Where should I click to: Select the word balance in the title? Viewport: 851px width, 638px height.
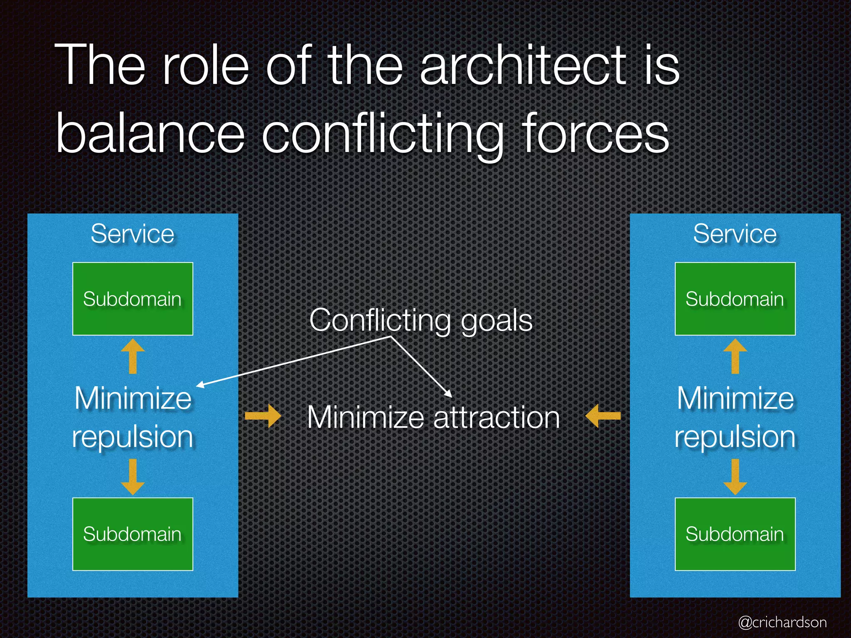point(150,134)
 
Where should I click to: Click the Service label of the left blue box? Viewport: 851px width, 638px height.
point(133,234)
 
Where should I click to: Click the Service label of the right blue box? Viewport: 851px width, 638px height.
point(735,234)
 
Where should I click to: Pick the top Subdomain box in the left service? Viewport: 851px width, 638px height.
point(133,299)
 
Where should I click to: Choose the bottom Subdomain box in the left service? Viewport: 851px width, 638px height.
point(133,534)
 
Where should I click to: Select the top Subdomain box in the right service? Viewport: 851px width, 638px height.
point(735,299)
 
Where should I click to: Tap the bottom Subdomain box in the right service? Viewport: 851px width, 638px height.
point(735,534)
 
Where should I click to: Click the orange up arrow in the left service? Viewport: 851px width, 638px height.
point(133,356)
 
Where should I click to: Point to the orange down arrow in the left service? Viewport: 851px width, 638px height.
point(133,477)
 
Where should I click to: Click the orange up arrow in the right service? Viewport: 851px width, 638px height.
point(735,356)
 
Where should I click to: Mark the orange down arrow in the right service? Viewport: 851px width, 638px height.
point(735,477)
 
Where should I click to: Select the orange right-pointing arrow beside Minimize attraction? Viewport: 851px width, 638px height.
point(263,416)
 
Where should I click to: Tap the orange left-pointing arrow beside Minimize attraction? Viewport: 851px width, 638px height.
point(603,416)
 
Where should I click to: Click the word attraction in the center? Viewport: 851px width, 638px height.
point(497,417)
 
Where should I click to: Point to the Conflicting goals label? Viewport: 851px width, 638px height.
point(421,321)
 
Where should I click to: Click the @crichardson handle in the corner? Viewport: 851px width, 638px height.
point(782,622)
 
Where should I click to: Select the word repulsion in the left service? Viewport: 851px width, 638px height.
point(133,437)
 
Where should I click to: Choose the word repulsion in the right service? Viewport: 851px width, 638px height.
point(735,437)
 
